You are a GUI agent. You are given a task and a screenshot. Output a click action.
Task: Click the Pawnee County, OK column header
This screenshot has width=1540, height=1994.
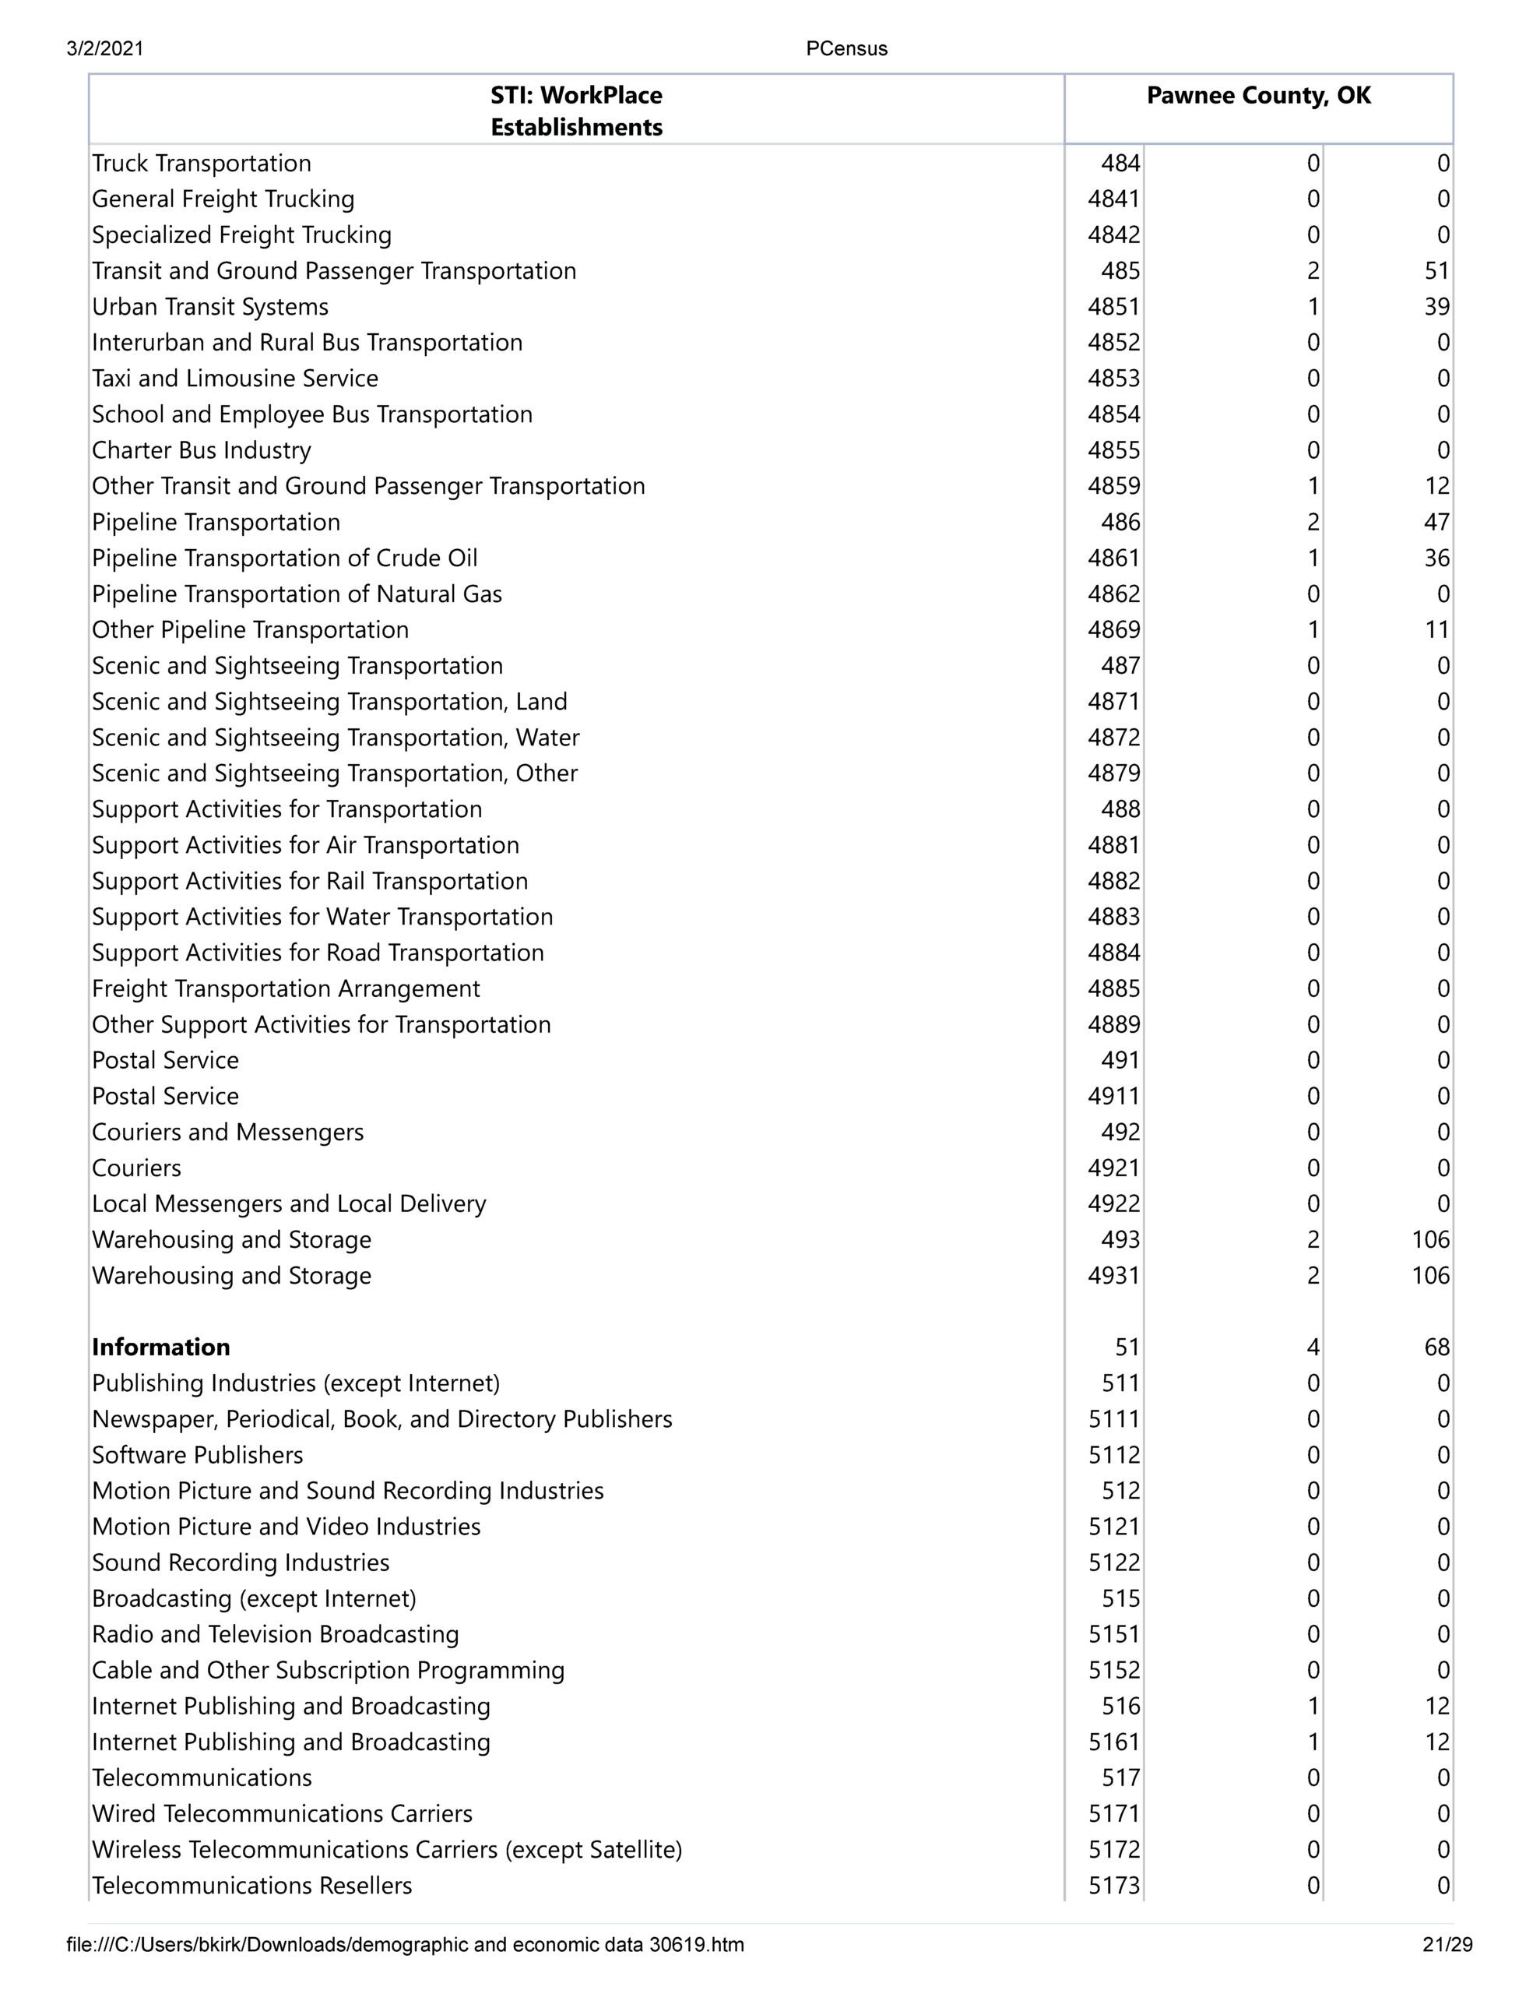[1258, 96]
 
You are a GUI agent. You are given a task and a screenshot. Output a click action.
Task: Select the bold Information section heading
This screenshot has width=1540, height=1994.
[160, 1348]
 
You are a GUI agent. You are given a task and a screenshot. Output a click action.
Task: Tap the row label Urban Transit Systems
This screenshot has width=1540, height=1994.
[210, 307]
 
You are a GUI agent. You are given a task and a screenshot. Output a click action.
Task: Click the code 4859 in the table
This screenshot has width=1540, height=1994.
[1113, 486]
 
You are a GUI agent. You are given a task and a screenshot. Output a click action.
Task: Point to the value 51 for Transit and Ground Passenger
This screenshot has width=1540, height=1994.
[1436, 271]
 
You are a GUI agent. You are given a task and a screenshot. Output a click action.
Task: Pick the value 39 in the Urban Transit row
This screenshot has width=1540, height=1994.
[1436, 307]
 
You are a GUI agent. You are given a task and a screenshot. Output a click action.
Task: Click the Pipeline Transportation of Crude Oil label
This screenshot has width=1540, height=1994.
[284, 558]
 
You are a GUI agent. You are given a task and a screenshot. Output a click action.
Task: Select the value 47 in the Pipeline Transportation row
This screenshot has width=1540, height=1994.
[1436, 522]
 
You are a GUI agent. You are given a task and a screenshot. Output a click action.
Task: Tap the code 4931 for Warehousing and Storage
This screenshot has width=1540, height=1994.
[1113, 1276]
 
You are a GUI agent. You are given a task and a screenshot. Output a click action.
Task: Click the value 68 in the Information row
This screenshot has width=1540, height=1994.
[1436, 1348]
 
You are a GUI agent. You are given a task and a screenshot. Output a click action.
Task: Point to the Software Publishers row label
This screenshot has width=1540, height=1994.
[197, 1455]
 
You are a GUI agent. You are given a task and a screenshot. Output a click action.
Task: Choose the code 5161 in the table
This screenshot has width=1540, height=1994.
[1113, 1742]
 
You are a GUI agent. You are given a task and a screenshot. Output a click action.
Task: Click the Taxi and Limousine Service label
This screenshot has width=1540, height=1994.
[234, 379]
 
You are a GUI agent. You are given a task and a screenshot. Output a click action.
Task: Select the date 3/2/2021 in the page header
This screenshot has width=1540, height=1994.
[105, 49]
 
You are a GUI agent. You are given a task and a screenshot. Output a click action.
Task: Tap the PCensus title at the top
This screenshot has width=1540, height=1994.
[846, 49]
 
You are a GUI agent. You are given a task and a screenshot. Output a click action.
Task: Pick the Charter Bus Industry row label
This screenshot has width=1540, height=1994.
[201, 450]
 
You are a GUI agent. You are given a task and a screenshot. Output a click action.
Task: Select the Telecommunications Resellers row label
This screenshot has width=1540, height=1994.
[252, 1886]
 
